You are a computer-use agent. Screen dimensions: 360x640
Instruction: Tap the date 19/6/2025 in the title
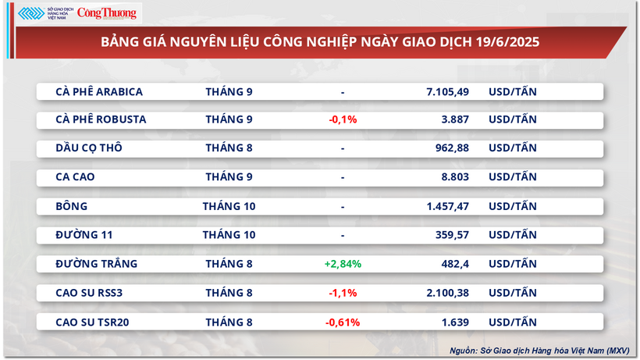[x=508, y=41]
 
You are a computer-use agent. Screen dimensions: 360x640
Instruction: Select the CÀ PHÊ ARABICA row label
[x=99, y=91]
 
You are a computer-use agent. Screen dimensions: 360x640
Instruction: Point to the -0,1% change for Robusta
[x=343, y=120]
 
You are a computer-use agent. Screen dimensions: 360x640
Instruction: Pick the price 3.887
[x=454, y=120]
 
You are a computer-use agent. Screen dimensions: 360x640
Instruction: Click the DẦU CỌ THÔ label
[x=89, y=148]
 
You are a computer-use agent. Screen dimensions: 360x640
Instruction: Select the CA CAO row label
[x=75, y=177]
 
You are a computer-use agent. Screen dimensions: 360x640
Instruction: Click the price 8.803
[x=454, y=177]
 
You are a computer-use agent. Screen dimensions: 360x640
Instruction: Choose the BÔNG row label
[x=72, y=206]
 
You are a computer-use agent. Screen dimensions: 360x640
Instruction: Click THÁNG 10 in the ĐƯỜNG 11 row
[x=229, y=235]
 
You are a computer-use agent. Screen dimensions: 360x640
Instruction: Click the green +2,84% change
[x=343, y=264]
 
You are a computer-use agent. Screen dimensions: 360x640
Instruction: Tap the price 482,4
[x=454, y=264]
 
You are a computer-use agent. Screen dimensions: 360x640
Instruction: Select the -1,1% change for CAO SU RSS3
[x=343, y=293]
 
